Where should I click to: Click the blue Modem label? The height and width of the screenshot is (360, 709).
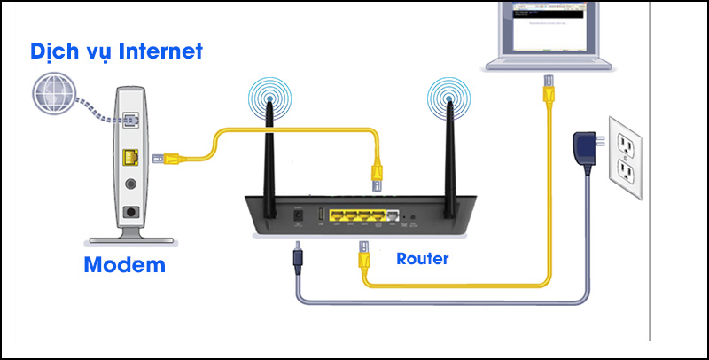124,264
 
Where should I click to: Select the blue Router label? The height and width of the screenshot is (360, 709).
423,259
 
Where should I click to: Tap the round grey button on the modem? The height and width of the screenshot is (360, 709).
131,186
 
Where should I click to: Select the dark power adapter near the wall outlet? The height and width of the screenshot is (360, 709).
585,145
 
